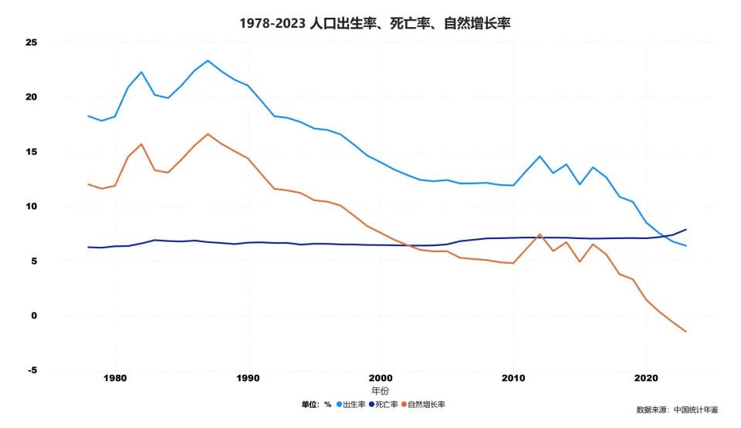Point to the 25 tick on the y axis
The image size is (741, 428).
32,42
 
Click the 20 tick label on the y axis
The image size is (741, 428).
32,97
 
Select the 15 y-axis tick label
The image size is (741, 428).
32,152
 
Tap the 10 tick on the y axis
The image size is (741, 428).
32,207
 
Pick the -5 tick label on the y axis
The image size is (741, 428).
32,371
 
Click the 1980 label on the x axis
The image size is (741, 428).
115,379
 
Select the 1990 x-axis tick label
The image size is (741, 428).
248,379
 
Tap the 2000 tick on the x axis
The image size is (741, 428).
381,379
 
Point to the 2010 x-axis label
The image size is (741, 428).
513,379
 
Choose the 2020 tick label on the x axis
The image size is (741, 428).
646,379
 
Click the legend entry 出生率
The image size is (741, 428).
353,404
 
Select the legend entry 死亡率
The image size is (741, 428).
386,404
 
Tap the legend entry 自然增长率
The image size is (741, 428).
425,404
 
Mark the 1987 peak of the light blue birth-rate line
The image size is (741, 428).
208,60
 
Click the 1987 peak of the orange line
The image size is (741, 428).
208,134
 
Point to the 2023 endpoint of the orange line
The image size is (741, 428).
685,332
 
